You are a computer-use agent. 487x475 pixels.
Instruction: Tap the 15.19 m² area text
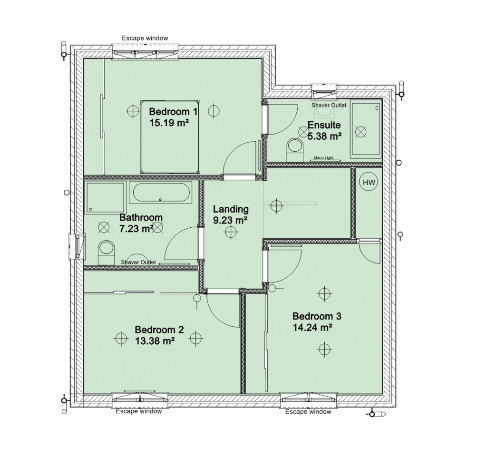pyautogui.click(x=169, y=123)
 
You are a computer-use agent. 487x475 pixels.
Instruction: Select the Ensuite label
pyautogui.click(x=324, y=125)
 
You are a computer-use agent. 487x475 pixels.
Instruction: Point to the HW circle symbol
pyautogui.click(x=369, y=182)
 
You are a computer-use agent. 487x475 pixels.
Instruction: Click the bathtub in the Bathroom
pyautogui.click(x=161, y=193)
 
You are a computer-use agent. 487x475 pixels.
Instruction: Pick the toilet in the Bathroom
pyautogui.click(x=106, y=252)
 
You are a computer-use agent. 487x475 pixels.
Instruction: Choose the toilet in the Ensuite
pyautogui.click(x=295, y=150)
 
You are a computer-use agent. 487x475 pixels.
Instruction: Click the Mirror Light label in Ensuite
pyautogui.click(x=323, y=158)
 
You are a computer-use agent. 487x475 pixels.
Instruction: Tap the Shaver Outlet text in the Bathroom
pyautogui.click(x=138, y=262)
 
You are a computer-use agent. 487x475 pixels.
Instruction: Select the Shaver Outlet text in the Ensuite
pyautogui.click(x=329, y=105)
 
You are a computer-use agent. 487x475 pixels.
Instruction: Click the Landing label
pyautogui.click(x=231, y=209)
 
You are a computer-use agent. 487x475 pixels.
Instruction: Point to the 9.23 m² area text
pyautogui.click(x=230, y=220)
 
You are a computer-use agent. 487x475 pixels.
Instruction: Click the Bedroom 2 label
pyautogui.click(x=159, y=330)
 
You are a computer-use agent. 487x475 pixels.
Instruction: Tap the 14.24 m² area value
pyautogui.click(x=312, y=327)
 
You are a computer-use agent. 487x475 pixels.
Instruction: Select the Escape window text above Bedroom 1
pyautogui.click(x=145, y=38)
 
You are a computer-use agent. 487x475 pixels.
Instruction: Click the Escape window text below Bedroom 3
pyautogui.click(x=308, y=412)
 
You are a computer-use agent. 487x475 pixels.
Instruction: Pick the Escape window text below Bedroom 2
pyautogui.click(x=139, y=411)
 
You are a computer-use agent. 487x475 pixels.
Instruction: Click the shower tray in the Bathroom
pyautogui.click(x=105, y=198)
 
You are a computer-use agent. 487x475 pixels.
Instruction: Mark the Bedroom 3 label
pyautogui.click(x=317, y=316)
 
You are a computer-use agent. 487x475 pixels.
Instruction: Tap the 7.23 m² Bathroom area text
pyautogui.click(x=136, y=229)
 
